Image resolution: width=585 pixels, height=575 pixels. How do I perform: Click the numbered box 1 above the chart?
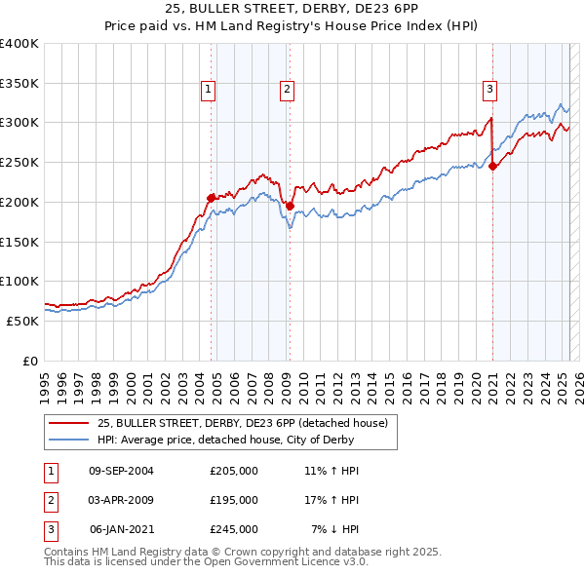(209, 90)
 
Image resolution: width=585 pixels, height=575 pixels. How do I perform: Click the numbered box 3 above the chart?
(489, 90)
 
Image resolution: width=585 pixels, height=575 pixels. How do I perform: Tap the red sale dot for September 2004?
(212, 197)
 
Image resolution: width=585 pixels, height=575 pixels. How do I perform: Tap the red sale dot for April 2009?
(290, 206)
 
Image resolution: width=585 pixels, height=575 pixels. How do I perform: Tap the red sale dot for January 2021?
(492, 166)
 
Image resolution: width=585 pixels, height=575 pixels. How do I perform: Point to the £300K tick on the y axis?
(19, 123)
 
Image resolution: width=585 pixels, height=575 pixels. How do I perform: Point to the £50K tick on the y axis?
(22, 321)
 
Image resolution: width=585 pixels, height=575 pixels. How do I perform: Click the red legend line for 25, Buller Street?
(69, 423)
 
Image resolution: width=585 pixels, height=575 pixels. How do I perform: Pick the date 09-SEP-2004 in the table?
(121, 471)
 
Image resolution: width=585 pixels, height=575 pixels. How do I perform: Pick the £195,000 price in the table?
(234, 500)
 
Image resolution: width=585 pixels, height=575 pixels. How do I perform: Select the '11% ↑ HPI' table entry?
(332, 471)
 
